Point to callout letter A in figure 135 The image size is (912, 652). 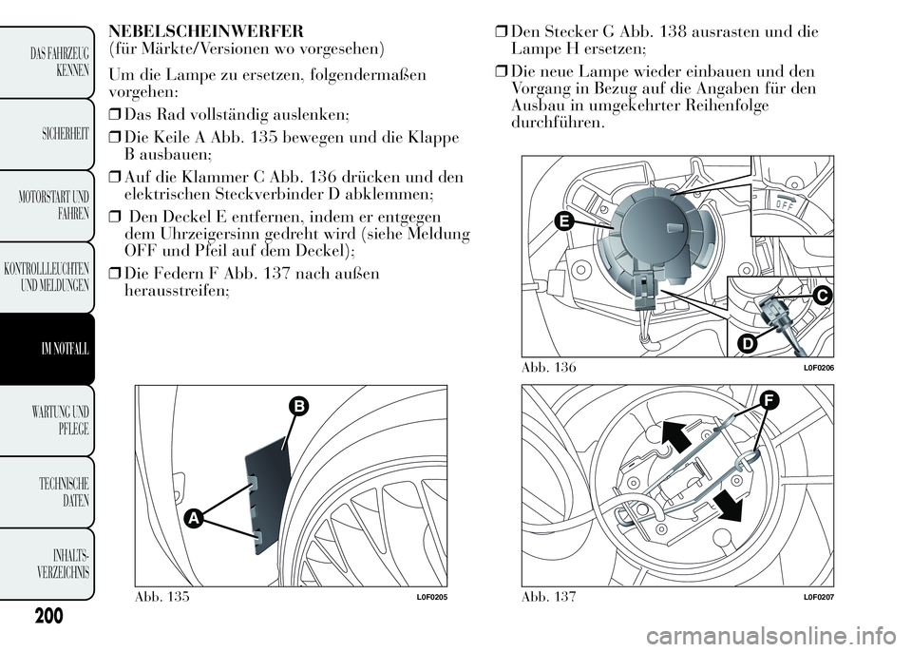pyautogui.click(x=193, y=518)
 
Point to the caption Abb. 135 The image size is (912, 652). pyautogui.click(x=162, y=596)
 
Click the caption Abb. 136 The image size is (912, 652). pyautogui.click(x=550, y=368)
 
